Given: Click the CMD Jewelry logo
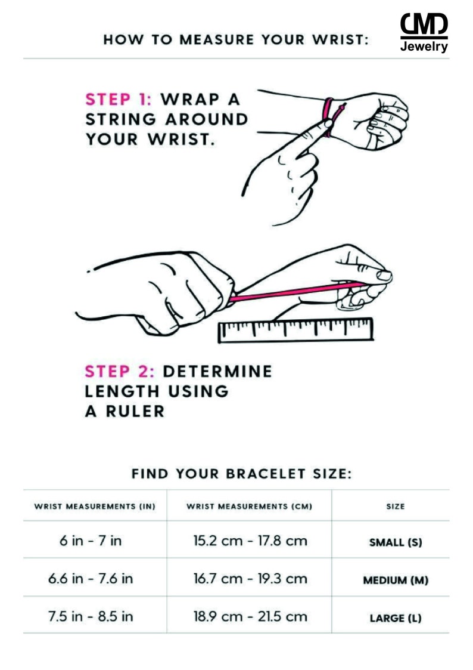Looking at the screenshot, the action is [424, 32].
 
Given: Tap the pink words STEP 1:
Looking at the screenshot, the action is [119, 99].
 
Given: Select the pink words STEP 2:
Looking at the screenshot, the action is [119, 371].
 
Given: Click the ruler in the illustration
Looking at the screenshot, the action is [296, 330].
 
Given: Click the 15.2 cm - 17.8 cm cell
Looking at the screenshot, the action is [250, 541].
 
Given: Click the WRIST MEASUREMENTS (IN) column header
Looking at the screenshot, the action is [95, 507].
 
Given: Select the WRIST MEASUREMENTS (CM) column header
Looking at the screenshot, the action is [250, 507].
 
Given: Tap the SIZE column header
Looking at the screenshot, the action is [396, 507].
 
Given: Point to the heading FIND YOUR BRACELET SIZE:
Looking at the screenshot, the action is [241, 474].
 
